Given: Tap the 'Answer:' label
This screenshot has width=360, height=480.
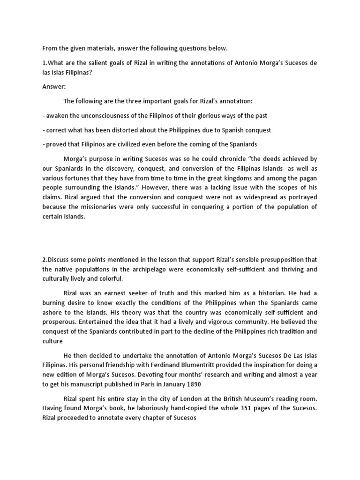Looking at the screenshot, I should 54,87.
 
